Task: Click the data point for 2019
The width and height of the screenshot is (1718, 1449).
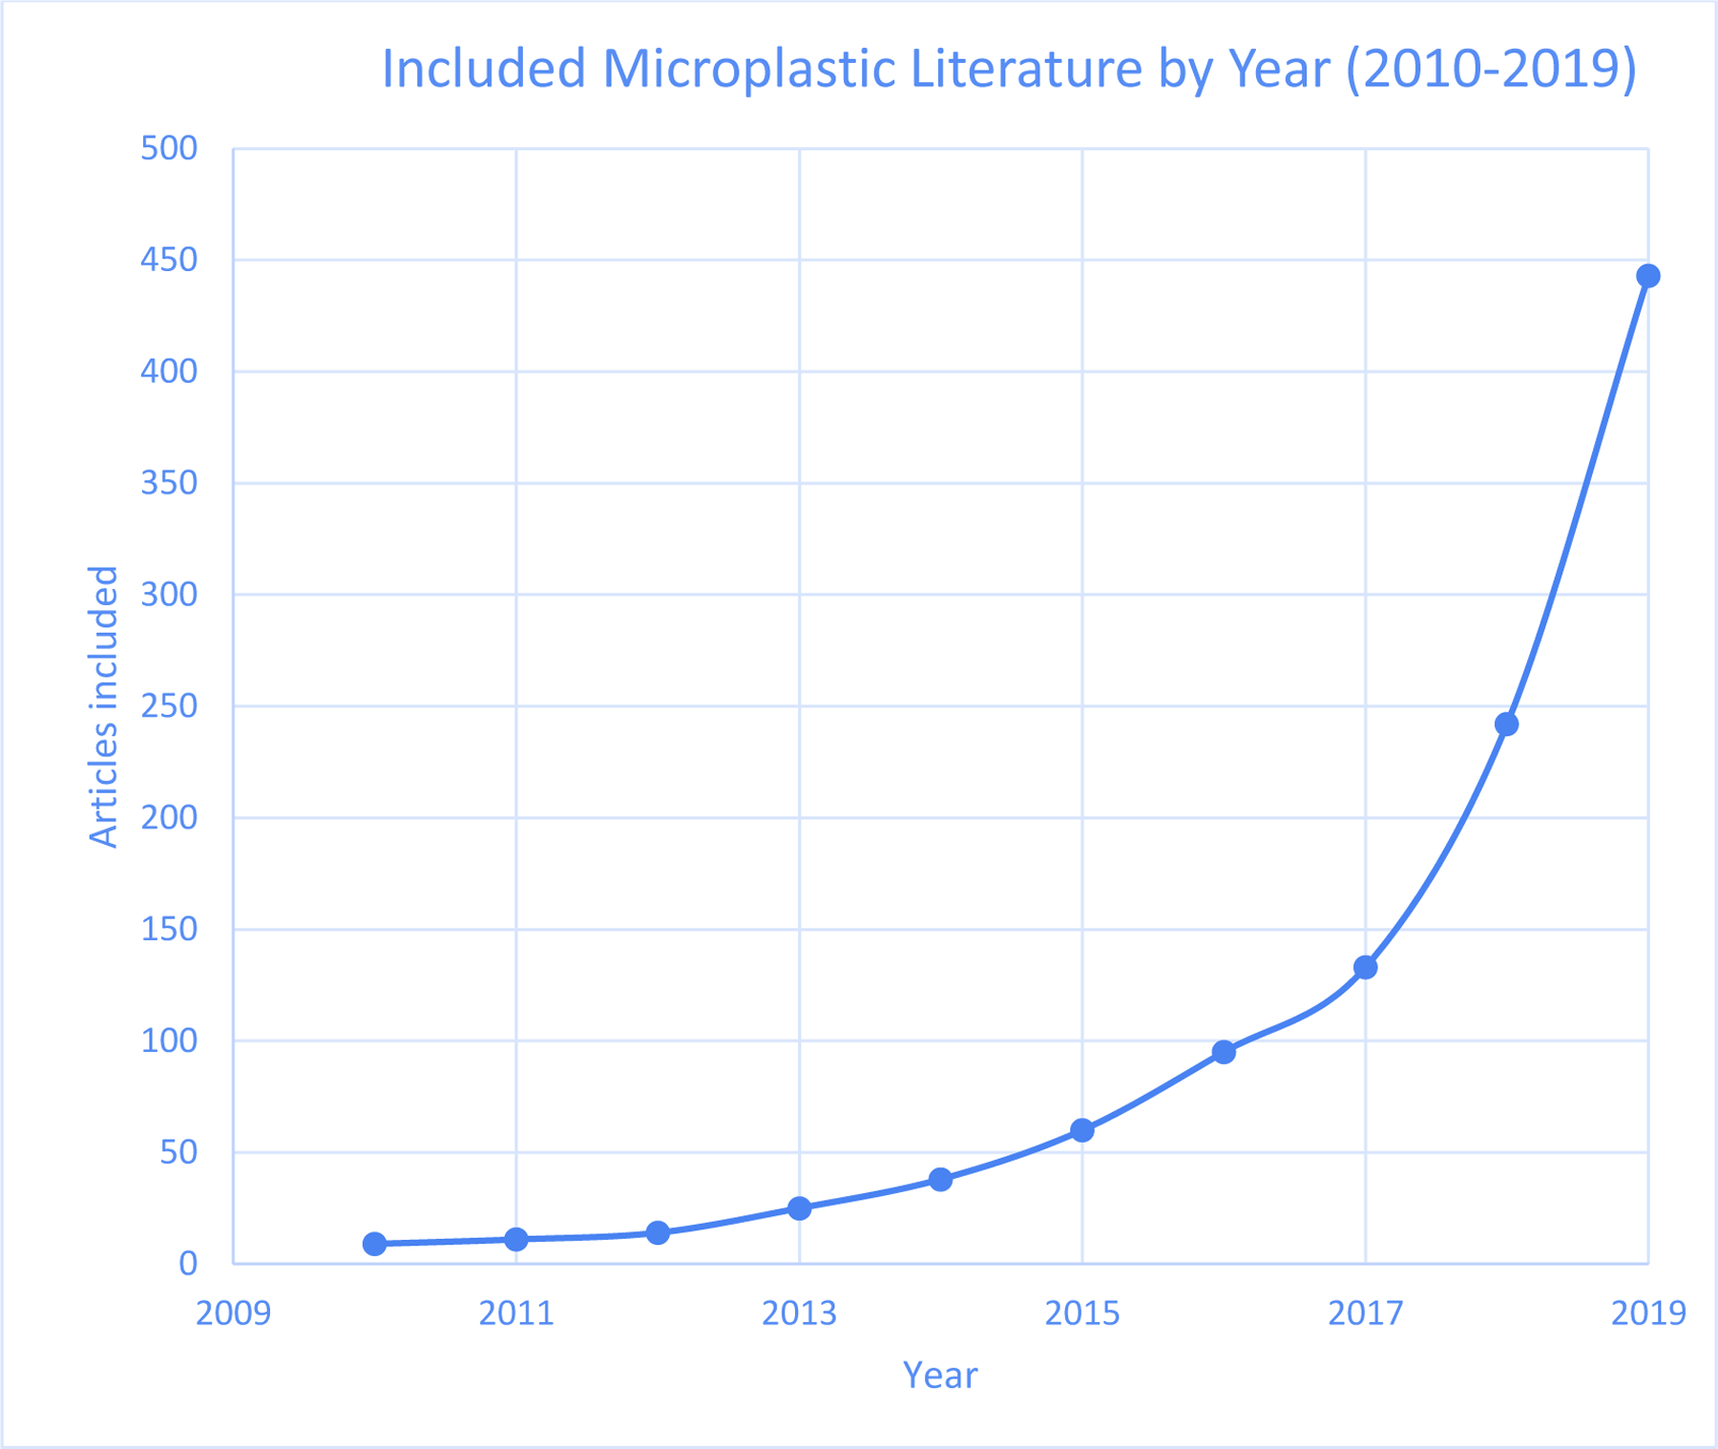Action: coord(1647,276)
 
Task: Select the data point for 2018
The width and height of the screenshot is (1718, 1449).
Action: coord(1506,724)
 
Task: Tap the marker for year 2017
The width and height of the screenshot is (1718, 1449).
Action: coord(1365,967)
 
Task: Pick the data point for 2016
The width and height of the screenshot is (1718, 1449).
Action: coord(1224,1052)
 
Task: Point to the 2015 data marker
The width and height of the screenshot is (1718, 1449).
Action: coord(1081,1130)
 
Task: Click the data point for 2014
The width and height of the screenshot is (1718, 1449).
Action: coord(940,1180)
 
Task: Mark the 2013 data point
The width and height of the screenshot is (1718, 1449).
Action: coord(799,1208)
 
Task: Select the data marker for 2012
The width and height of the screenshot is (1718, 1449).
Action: coord(658,1233)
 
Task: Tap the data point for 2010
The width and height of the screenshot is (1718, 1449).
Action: coord(374,1244)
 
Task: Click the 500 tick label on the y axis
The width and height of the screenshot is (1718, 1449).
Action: coord(169,149)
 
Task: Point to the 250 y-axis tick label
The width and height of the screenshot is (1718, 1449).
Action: coord(169,706)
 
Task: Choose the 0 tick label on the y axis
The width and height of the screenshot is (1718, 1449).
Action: coord(188,1264)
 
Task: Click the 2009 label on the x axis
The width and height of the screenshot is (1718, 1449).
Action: coord(233,1314)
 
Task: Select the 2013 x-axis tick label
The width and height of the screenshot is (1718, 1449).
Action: coord(799,1314)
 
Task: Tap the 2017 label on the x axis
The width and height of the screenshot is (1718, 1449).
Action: coord(1365,1314)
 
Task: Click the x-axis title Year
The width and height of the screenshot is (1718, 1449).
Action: coord(940,1375)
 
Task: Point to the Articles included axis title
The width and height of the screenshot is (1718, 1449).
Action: coord(103,706)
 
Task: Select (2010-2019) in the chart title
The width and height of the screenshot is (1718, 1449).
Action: coord(1491,69)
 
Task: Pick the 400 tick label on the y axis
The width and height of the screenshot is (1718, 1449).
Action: coord(169,371)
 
